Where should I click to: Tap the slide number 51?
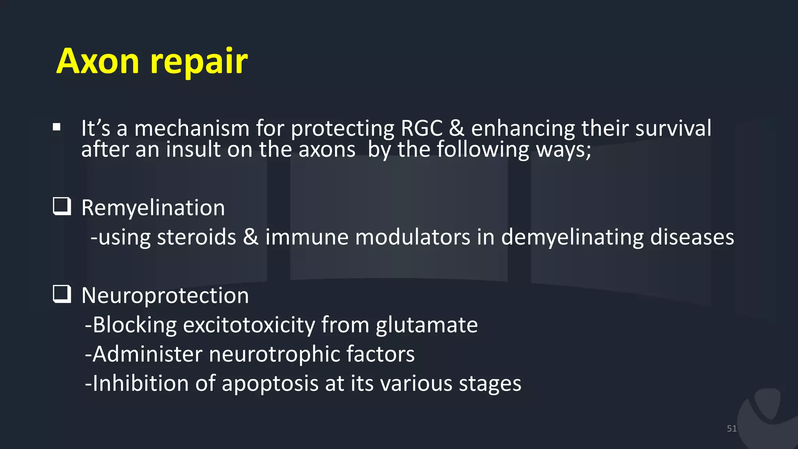pos(731,429)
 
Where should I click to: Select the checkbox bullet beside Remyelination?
pos(62,207)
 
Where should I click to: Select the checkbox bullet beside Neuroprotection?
pos(62,294)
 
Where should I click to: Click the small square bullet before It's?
pos(57,127)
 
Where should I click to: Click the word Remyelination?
pos(153,208)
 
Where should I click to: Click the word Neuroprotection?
pos(165,295)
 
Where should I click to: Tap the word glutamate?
pos(427,325)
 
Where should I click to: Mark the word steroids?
pos(196,237)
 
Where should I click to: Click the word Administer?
pos(147,354)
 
